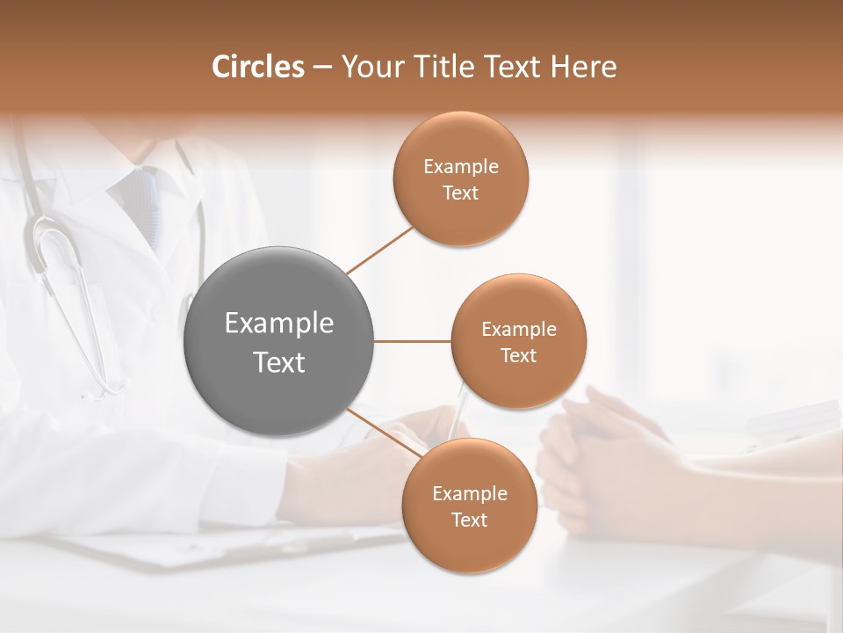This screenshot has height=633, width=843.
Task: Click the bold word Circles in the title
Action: (258, 67)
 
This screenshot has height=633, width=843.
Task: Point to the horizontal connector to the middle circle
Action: (412, 341)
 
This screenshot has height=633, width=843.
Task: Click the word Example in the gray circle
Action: (279, 324)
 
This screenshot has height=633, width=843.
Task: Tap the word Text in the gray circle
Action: (279, 362)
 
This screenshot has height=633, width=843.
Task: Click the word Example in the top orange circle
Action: (461, 167)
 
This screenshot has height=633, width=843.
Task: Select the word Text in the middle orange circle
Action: (518, 355)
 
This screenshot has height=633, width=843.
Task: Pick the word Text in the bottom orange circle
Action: (470, 520)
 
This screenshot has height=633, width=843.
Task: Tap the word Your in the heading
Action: (368, 67)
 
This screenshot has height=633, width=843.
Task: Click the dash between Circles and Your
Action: (322, 68)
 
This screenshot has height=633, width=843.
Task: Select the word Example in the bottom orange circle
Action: (470, 494)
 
